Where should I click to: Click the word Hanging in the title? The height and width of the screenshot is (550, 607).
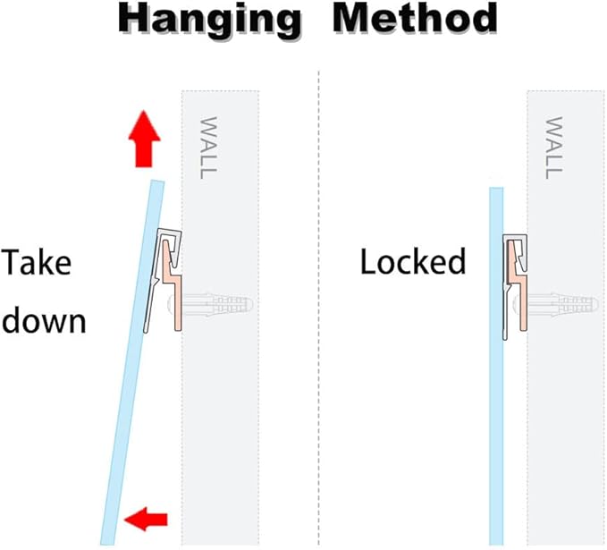(209, 21)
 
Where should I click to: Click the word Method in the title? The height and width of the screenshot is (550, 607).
(415, 18)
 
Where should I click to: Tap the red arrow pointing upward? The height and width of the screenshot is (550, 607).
(145, 139)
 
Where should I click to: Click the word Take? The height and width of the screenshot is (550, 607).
(37, 262)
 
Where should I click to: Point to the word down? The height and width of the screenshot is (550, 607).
(44, 320)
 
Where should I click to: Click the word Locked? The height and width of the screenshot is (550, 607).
(413, 261)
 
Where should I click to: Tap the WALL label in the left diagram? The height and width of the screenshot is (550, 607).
(207, 148)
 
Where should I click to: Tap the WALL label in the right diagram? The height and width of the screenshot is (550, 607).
(553, 148)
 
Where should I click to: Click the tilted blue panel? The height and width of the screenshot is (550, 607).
(132, 362)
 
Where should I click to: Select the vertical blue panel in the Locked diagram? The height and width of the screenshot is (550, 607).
(496, 366)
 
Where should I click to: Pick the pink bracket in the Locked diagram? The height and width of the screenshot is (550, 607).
(518, 285)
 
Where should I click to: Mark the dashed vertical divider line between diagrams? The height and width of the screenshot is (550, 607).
(318, 308)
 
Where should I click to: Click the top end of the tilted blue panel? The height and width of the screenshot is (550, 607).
(158, 181)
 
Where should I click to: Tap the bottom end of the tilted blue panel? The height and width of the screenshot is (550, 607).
(107, 544)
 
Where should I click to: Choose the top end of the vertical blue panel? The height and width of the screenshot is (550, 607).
(496, 188)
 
